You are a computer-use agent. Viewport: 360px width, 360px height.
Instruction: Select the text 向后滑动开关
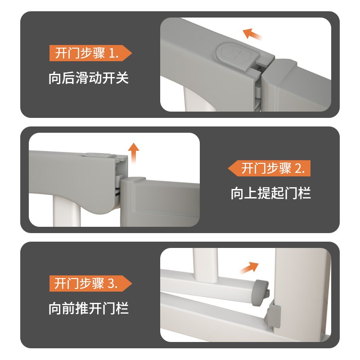(89, 78)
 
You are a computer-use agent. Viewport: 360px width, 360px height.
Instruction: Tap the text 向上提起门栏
(270, 193)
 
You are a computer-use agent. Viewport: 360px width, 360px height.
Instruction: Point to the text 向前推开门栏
(89, 309)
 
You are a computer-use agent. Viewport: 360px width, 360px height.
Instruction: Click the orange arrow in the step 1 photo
(252, 34)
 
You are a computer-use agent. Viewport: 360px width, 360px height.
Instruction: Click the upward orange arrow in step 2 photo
(133, 152)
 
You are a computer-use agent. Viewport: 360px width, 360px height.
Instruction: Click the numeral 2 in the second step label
(299, 169)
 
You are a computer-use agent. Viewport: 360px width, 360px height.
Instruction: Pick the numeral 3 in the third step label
(111, 284)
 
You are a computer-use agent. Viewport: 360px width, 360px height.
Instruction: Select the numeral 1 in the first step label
(112, 54)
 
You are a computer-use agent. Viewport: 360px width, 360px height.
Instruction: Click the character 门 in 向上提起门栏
(292, 193)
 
